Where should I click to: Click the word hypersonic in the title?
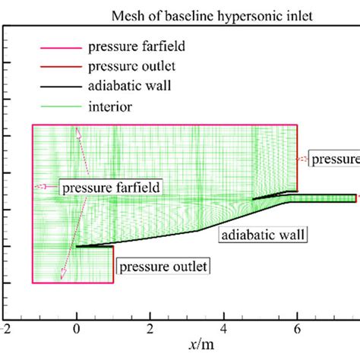(216, 16)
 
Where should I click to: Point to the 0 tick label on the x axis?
(76, 329)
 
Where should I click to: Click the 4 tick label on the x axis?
(223, 329)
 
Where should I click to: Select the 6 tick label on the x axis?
(297, 329)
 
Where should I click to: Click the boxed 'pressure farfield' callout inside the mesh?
(106, 185)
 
